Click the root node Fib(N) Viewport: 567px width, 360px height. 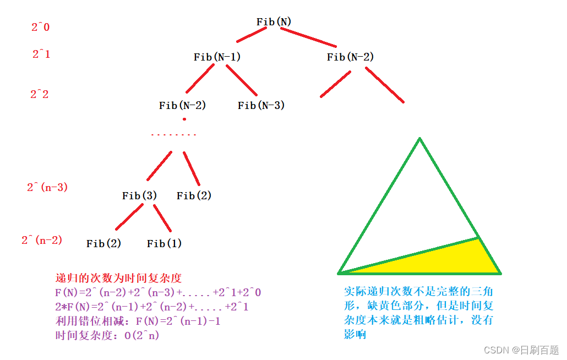pos(274,22)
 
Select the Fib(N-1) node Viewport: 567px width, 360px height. pos(217,57)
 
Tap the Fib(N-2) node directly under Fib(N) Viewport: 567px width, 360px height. pos(351,57)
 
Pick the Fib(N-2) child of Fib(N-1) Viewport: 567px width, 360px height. pos(182,106)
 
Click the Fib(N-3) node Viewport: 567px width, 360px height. pos(261,106)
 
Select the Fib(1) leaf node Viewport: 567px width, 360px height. pos(164,243)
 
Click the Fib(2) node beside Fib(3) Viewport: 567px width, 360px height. pos(194,196)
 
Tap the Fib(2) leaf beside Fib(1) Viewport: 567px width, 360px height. pos(103,243)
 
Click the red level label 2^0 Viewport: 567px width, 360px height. pos(40,27)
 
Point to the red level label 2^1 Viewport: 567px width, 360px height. pos(41,54)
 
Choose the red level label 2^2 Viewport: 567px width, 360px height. pos(39,94)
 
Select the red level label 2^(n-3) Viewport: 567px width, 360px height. pos(47,187)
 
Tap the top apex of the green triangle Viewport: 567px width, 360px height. pos(419,139)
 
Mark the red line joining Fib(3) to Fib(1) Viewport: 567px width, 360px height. pos(162,218)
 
